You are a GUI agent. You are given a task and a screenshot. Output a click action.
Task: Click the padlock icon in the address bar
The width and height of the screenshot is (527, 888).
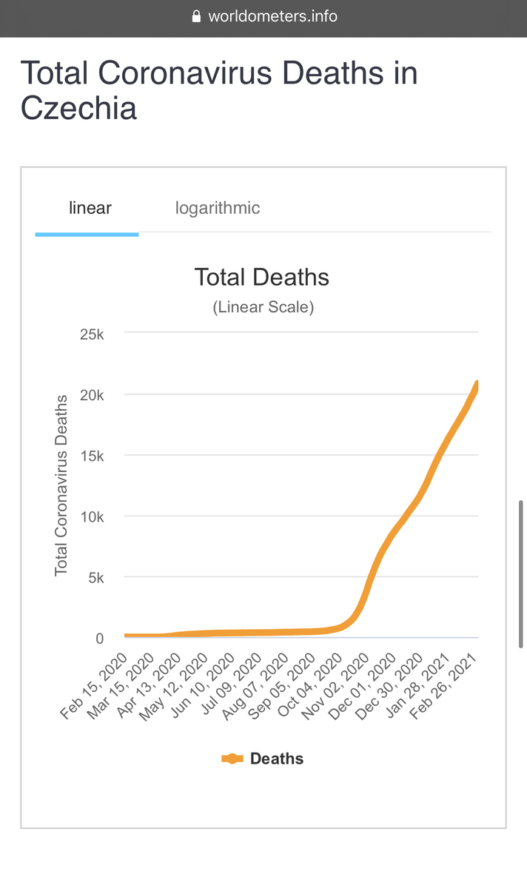pyautogui.click(x=196, y=16)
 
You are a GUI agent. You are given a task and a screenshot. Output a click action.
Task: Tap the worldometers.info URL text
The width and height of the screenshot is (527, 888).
pyautogui.click(x=272, y=16)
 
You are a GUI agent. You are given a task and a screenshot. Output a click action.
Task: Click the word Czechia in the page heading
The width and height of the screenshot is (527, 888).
pyautogui.click(x=78, y=108)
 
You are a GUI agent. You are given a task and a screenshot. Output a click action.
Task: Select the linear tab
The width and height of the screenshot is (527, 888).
pyautogui.click(x=90, y=208)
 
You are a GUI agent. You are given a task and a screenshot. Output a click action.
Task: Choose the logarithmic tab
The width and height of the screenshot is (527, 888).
pyautogui.click(x=218, y=208)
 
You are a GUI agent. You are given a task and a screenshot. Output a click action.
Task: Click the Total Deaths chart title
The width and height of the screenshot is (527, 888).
pyautogui.click(x=261, y=277)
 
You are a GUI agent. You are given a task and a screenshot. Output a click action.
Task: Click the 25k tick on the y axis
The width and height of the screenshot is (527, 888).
pyautogui.click(x=92, y=334)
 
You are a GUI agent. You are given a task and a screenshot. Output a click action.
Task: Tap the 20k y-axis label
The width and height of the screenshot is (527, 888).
pyautogui.click(x=92, y=395)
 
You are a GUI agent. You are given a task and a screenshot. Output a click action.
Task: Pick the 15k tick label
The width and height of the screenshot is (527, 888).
pyautogui.click(x=92, y=456)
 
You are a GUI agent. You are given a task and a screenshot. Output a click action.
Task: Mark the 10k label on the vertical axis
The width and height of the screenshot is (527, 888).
pyautogui.click(x=92, y=517)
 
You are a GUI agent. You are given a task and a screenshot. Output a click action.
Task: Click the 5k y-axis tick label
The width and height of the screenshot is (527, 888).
pyautogui.click(x=95, y=577)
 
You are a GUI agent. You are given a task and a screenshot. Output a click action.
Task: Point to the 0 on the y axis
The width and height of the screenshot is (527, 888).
pyautogui.click(x=100, y=638)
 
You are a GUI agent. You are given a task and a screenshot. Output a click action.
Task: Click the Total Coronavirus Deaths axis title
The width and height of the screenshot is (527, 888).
pyautogui.click(x=61, y=485)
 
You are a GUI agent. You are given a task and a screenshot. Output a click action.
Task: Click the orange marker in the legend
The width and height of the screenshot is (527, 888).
pyautogui.click(x=232, y=758)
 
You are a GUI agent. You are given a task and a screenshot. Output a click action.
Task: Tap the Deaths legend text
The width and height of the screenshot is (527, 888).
pyautogui.click(x=277, y=758)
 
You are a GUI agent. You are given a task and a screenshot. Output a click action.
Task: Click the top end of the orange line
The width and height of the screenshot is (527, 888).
pyautogui.click(x=477, y=383)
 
